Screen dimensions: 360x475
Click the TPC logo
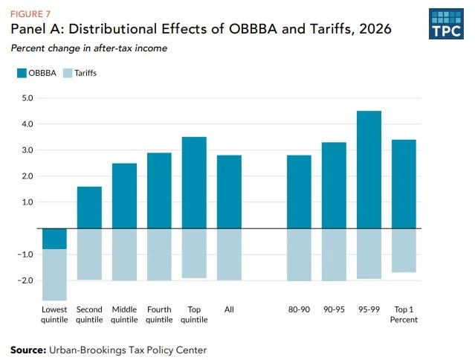point(446,24)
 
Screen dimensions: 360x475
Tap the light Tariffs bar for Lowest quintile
point(55,274)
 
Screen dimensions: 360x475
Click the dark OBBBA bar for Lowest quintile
point(55,239)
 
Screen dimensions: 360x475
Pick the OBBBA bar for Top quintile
point(194,183)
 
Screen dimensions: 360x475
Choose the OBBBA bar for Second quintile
point(90,208)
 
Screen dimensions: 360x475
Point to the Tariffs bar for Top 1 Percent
point(404,250)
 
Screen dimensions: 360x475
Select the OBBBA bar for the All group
point(229,192)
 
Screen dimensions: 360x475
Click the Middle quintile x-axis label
point(124,315)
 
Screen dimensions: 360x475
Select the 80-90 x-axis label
point(299,309)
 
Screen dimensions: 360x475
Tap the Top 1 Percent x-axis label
point(404,315)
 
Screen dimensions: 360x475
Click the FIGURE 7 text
point(27,13)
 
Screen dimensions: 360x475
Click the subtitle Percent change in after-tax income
point(88,48)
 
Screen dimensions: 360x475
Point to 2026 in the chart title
point(372,30)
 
